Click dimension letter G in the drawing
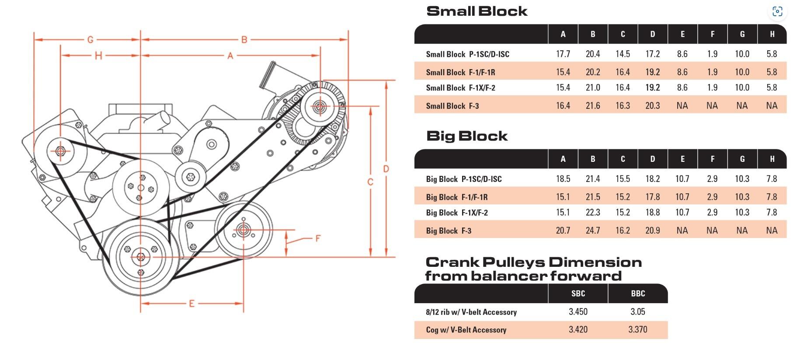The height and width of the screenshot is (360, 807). click(x=90, y=40)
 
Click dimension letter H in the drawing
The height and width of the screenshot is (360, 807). click(x=98, y=56)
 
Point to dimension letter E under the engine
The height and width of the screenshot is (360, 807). click(x=191, y=304)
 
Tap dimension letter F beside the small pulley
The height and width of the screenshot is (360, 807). click(x=318, y=238)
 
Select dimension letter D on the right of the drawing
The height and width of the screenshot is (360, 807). click(x=386, y=169)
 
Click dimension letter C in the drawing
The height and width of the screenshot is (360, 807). click(x=370, y=182)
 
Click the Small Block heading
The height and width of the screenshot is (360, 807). click(x=477, y=11)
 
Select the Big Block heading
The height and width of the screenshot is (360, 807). click(x=466, y=136)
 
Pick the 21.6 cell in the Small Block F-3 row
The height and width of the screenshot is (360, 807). click(x=593, y=106)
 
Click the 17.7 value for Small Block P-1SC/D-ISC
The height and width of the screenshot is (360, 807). click(x=563, y=54)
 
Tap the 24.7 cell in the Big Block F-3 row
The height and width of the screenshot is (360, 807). click(x=593, y=231)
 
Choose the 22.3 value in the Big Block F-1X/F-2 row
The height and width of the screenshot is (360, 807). click(x=593, y=213)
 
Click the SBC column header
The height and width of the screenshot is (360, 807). click(x=578, y=294)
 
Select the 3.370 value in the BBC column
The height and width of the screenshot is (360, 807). click(x=638, y=330)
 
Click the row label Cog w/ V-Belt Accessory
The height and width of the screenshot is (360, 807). click(x=466, y=330)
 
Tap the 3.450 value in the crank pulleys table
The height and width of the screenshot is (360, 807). click(x=578, y=312)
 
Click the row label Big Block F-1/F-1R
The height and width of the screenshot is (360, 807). click(x=457, y=197)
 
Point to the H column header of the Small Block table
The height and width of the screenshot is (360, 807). click(x=772, y=34)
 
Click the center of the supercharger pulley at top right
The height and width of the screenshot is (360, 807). click(x=319, y=106)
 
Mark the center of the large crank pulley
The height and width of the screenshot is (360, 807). click(x=141, y=257)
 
